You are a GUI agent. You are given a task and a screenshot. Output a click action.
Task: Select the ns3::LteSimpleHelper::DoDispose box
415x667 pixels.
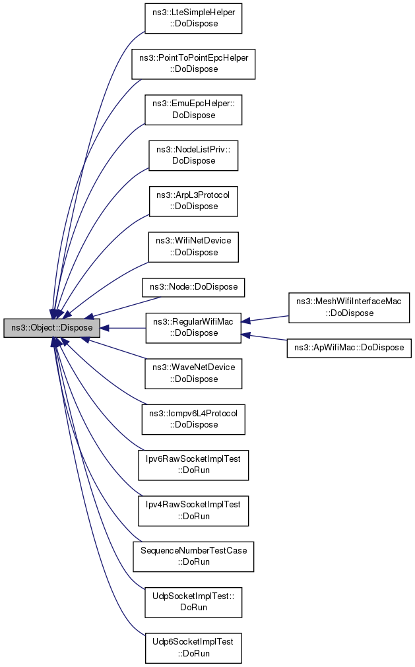(x=194, y=18)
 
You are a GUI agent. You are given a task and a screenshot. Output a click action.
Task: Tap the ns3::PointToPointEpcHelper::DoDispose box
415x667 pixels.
(x=194, y=63)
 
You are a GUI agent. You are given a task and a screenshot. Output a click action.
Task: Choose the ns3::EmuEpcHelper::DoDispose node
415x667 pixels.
(x=193, y=110)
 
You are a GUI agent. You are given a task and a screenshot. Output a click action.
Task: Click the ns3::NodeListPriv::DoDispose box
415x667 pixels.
(x=193, y=155)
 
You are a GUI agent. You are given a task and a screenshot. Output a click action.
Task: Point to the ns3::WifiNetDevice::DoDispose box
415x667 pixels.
(x=193, y=247)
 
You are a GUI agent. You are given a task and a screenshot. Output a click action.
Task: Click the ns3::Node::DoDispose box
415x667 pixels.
(x=194, y=287)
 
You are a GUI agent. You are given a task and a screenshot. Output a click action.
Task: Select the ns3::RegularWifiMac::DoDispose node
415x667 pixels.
(x=193, y=327)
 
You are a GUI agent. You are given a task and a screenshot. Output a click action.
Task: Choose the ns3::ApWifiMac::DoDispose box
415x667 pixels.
(x=349, y=348)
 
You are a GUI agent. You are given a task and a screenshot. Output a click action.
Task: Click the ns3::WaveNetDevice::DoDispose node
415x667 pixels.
(x=193, y=373)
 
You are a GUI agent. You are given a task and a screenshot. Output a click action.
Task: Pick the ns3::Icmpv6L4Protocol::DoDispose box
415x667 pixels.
(x=193, y=419)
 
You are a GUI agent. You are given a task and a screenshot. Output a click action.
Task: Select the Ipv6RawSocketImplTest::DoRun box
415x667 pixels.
(x=193, y=465)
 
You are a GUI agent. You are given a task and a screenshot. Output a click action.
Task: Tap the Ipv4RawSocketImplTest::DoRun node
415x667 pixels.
(x=193, y=511)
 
